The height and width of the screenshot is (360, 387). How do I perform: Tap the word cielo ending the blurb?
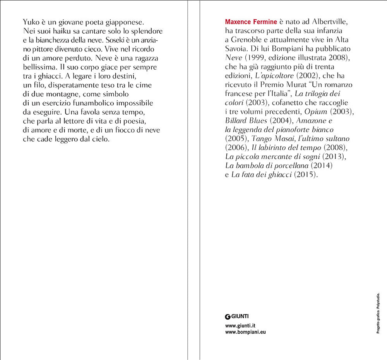point(100,139)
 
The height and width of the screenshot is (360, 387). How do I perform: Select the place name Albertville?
point(329,22)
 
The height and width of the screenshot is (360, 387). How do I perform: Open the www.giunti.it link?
point(243,326)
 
